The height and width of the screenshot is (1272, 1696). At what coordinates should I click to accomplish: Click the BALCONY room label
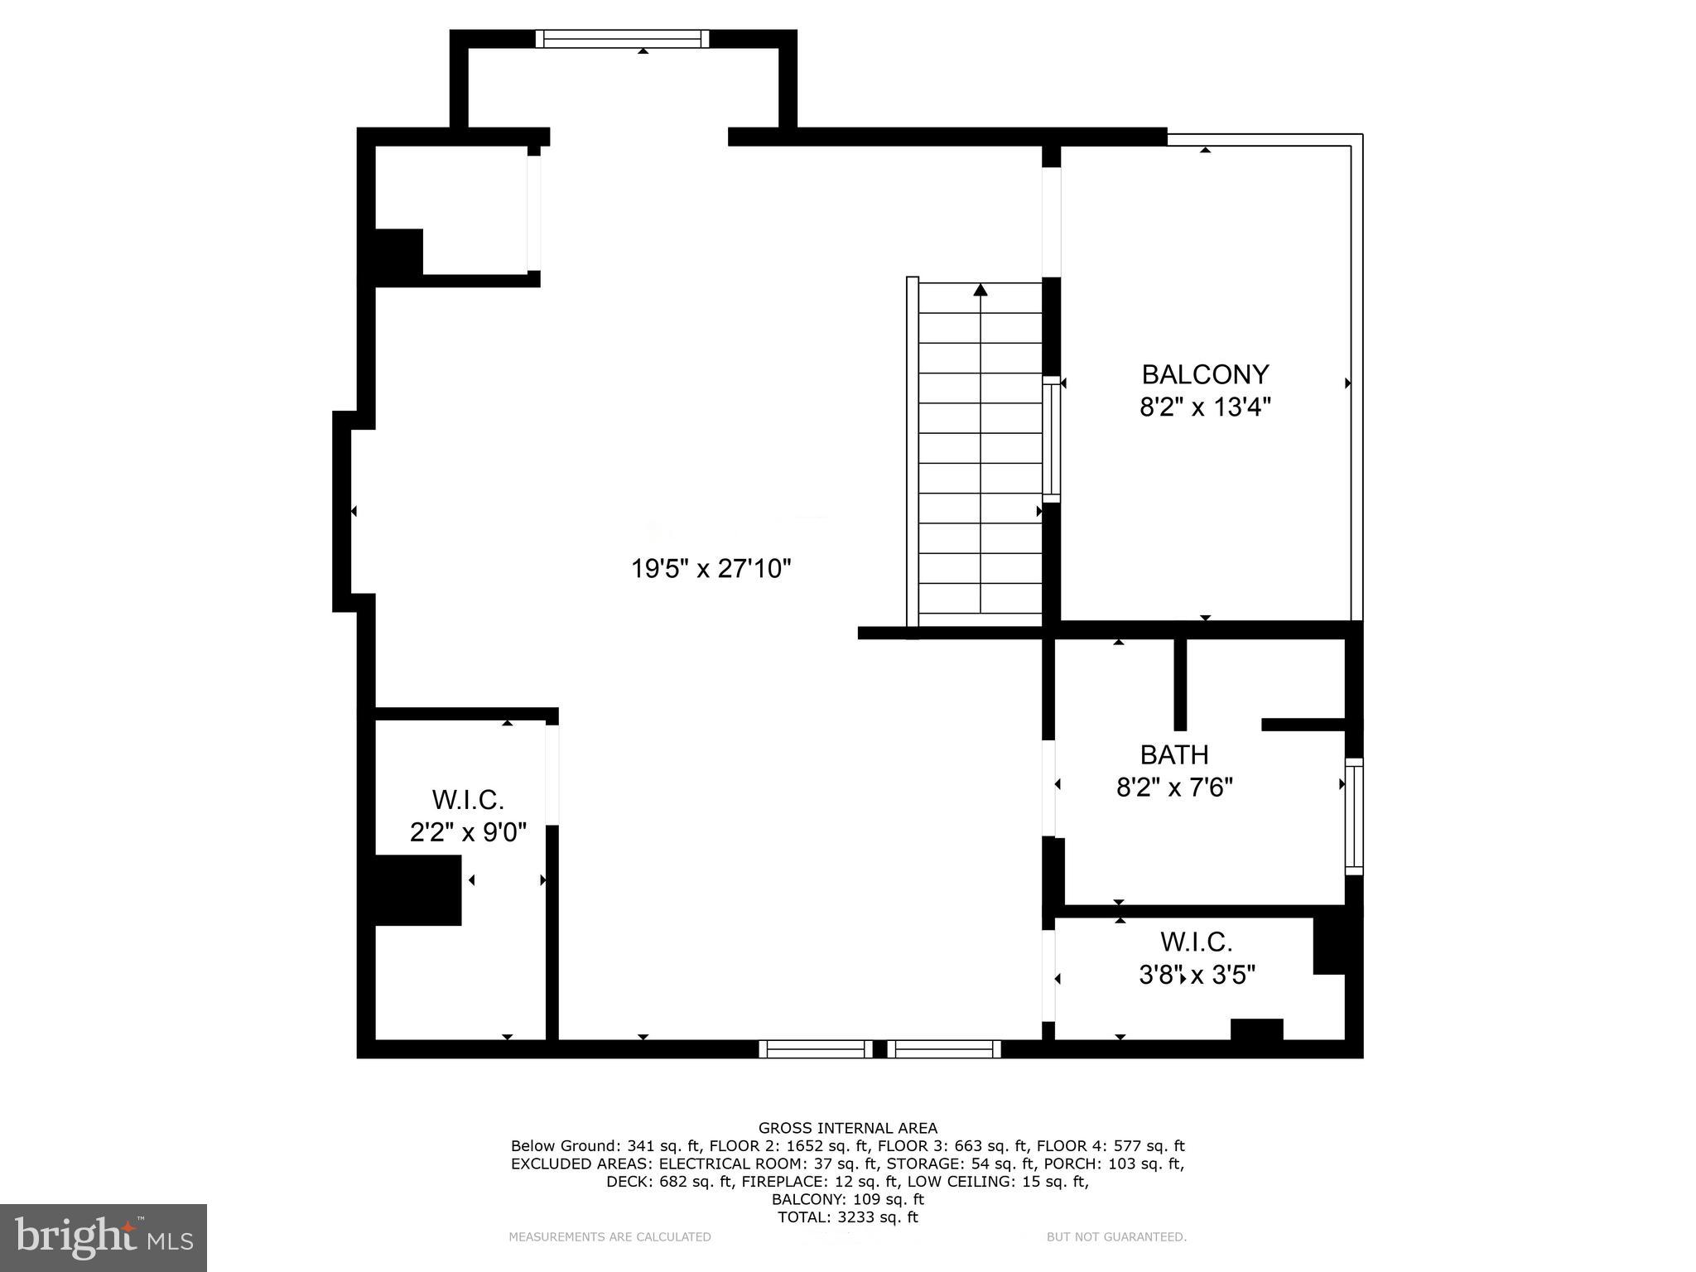tap(1205, 374)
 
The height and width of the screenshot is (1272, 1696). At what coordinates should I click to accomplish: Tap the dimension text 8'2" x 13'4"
tap(1205, 407)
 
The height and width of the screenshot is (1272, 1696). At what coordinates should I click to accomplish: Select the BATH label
tap(1173, 754)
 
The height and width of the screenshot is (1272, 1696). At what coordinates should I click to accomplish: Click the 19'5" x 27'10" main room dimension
tap(711, 569)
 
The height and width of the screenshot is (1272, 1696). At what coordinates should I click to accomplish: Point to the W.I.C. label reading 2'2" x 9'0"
tap(468, 800)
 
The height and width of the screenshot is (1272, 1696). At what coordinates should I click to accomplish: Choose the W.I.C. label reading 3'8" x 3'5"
tap(1196, 942)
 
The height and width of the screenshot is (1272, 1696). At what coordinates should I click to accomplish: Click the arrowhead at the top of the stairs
tap(980, 289)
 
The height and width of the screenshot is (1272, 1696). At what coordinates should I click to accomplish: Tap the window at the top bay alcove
tap(622, 39)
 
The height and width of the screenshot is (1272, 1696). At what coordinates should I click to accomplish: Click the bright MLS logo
tap(104, 1237)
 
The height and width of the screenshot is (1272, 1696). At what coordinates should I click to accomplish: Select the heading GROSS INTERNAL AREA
tap(848, 1128)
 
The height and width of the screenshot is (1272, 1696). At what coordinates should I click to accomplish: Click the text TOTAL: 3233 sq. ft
tap(848, 1217)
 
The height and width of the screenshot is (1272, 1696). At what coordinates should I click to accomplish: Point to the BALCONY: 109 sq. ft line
tap(848, 1199)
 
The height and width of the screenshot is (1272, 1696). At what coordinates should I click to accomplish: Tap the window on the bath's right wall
tap(1353, 816)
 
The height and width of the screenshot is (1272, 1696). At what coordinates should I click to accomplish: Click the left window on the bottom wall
tap(816, 1049)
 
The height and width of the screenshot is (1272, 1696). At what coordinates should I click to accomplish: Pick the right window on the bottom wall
tap(945, 1049)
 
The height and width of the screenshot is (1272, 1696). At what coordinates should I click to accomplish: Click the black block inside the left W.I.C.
tap(417, 890)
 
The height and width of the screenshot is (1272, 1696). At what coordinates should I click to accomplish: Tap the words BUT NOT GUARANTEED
tap(1116, 1237)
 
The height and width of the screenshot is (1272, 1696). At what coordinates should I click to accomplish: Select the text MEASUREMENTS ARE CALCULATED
tap(609, 1237)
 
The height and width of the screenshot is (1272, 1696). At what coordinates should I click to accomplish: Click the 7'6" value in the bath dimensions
tap(1212, 787)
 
